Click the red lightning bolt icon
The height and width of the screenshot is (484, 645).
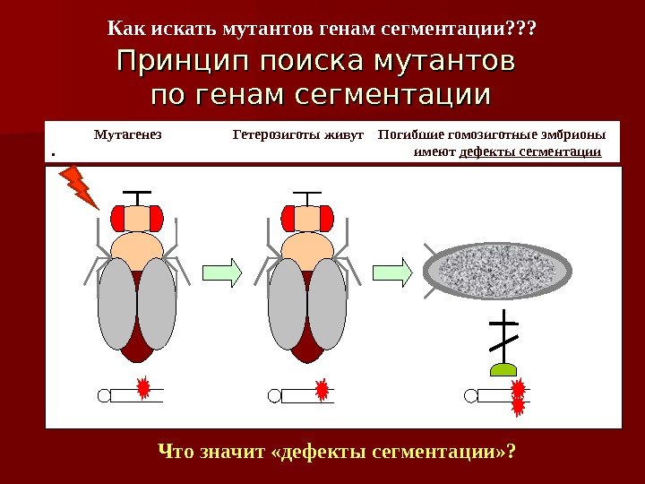point(79,186)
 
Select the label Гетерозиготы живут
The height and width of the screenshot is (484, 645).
point(297,136)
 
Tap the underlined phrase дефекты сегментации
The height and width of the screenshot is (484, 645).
point(529,152)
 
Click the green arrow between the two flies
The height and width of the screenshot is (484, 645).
point(222,272)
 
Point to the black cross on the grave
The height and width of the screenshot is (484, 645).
point(504,336)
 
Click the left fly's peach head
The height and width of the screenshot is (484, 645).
point(137,218)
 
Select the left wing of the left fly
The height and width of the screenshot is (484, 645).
point(116,303)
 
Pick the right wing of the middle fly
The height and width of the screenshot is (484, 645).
point(327,303)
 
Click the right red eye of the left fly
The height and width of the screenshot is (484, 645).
point(157,218)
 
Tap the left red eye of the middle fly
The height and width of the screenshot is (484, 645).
point(288,218)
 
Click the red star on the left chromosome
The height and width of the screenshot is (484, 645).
point(142,389)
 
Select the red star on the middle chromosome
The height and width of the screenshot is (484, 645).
point(322,389)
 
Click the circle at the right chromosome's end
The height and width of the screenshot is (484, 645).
point(471,395)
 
